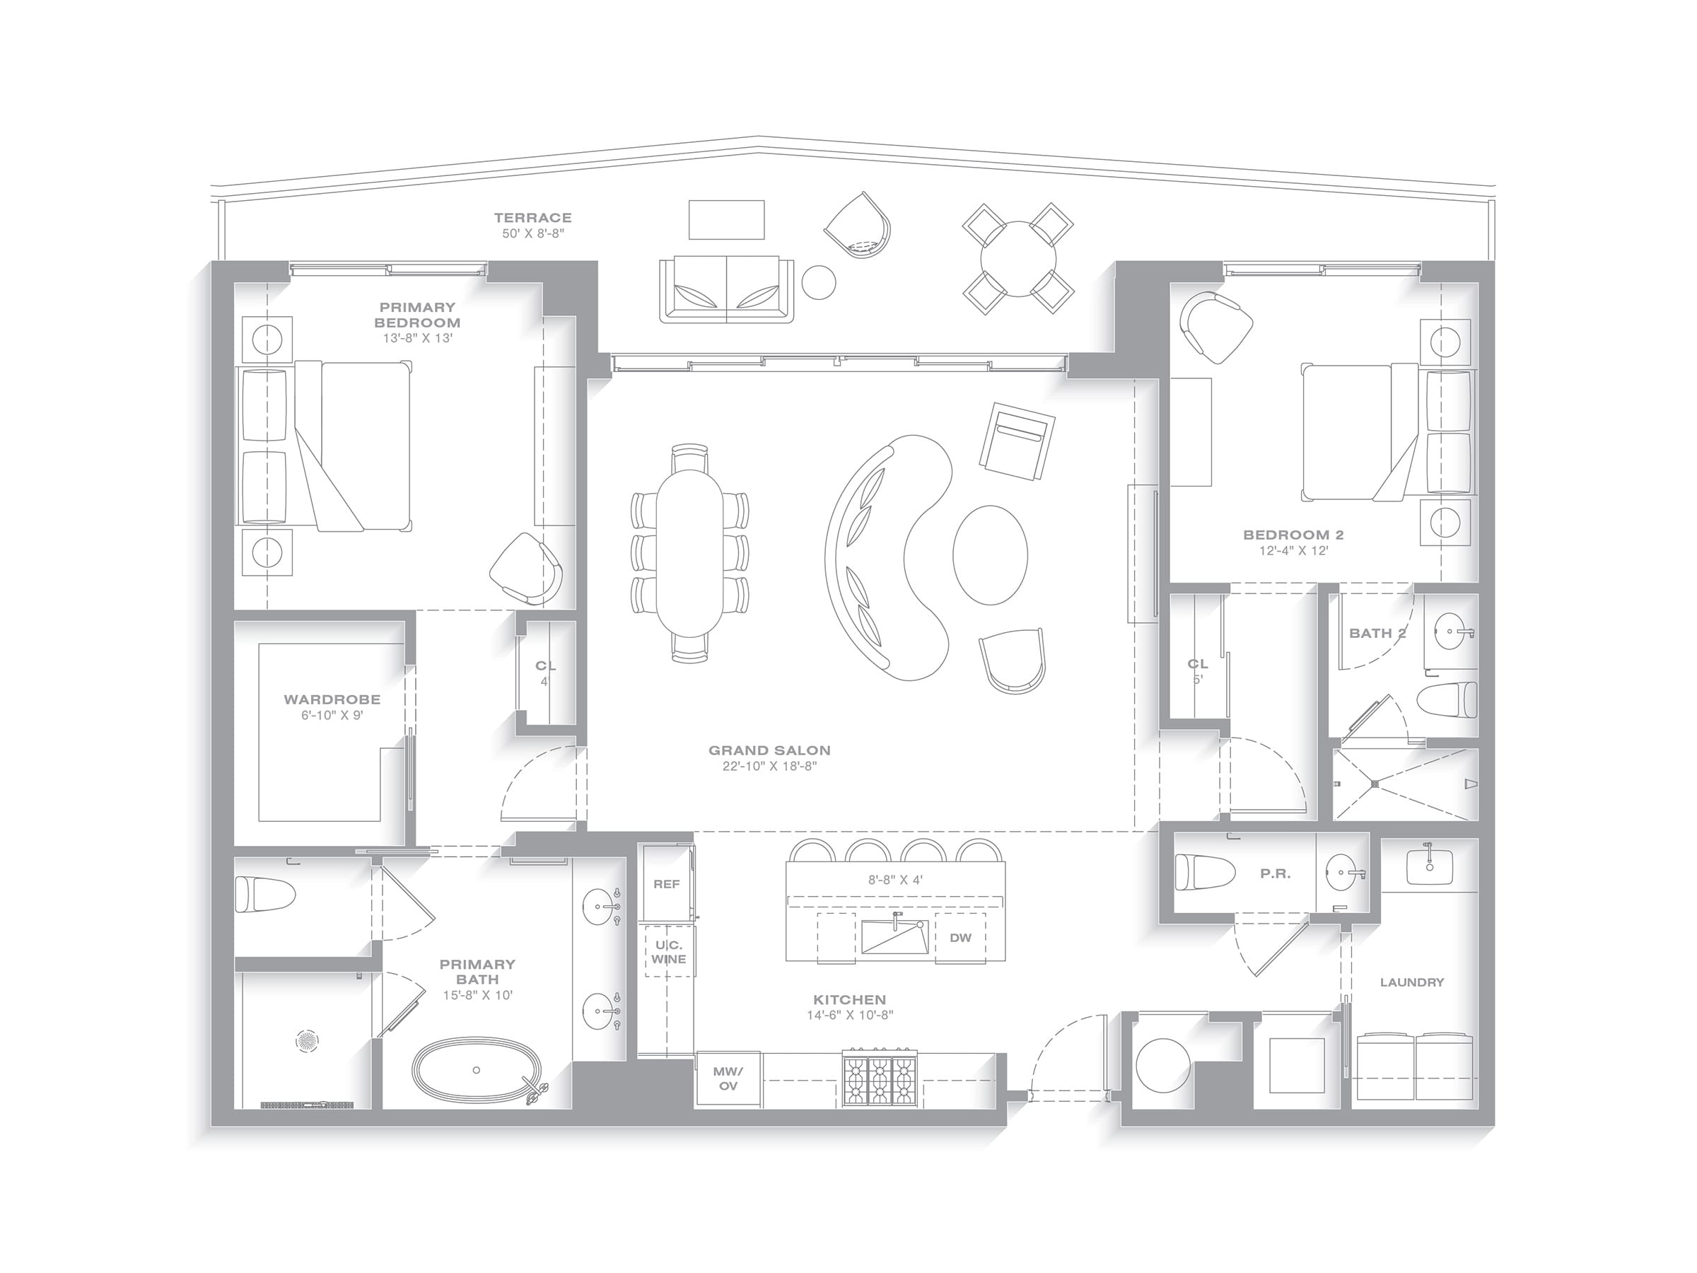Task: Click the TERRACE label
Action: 532,218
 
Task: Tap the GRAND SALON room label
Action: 769,750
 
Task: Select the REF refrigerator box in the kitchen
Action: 667,883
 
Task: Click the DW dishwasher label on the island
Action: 960,938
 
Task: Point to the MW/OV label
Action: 728,1078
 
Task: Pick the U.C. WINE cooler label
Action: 669,952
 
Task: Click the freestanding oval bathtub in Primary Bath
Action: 477,1069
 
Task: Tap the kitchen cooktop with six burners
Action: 880,1077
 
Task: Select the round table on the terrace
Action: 1018,259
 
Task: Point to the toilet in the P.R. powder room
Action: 1206,873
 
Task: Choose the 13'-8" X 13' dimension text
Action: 417,337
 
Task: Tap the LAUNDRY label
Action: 1411,982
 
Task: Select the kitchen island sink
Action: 894,936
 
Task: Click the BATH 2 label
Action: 1378,633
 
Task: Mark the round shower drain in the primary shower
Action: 307,1041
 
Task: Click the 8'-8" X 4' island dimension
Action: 895,880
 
